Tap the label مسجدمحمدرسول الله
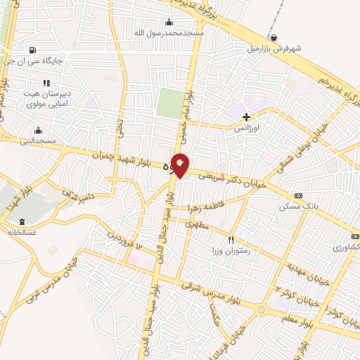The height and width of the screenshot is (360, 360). [170, 33]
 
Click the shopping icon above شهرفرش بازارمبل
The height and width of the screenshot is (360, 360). [273, 38]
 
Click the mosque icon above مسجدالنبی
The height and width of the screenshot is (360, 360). [38, 130]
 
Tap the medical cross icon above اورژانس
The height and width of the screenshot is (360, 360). [245, 116]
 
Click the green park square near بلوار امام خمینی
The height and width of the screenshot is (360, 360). [168, 104]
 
